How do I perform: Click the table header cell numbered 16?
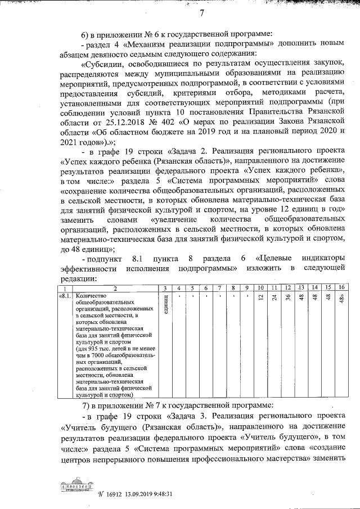341,288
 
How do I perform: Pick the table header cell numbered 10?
260,288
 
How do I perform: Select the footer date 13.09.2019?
140,494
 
